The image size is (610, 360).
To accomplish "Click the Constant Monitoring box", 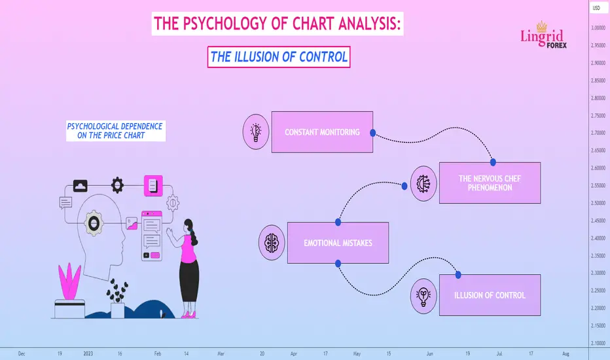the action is click(322, 132).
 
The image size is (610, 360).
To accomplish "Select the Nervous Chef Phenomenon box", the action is click(490, 183).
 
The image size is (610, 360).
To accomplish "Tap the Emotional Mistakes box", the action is click(338, 243).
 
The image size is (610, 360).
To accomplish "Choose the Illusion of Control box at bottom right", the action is click(490, 295).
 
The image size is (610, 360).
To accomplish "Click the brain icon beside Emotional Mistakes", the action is click(272, 242).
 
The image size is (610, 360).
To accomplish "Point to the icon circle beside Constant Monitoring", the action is click(256, 132).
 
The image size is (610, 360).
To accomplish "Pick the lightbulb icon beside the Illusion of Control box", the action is click(423, 296).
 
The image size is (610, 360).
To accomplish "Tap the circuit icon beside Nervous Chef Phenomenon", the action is click(423, 184).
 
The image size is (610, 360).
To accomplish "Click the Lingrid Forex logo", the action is click(543, 35).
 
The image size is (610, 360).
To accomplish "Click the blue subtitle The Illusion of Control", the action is click(279, 57).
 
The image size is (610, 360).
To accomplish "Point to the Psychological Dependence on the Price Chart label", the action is click(115, 131).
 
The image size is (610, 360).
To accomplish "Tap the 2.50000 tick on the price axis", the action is click(598, 203).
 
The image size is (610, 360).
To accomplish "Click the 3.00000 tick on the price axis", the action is click(598, 27).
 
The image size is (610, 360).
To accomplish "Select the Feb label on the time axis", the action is click(158, 353).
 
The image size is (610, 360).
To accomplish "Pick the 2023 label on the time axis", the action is click(88, 353).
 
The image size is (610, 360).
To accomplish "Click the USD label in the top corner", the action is click(596, 8).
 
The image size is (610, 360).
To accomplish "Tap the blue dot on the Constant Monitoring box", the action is click(372, 133).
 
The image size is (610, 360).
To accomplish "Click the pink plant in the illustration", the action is click(69, 281).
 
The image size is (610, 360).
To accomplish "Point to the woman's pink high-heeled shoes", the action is click(188, 314).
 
